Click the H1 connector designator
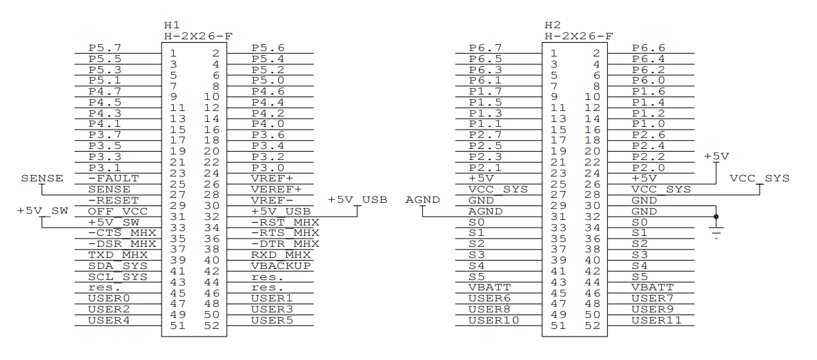[x=172, y=25]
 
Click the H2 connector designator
[x=553, y=25]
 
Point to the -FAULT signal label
[x=113, y=178]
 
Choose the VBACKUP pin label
[x=281, y=266]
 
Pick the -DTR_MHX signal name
[x=285, y=243]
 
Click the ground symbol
[x=716, y=234]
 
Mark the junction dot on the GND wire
[x=716, y=217]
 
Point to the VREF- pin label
[x=273, y=200]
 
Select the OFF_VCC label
[x=118, y=211]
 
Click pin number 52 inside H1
[x=212, y=326]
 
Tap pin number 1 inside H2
[x=553, y=53]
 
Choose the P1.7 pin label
[x=485, y=91]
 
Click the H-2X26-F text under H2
[x=578, y=36]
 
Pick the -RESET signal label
[x=113, y=200]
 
